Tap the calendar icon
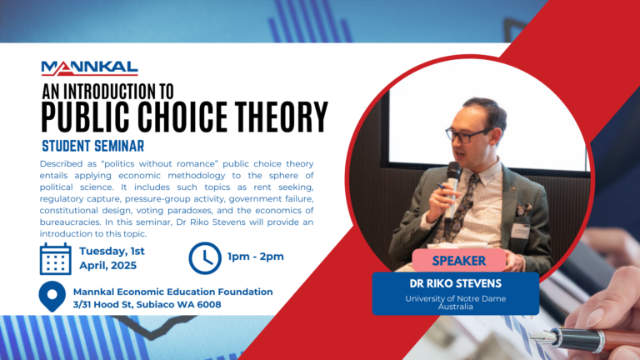click(56, 259)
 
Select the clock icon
click(205, 257)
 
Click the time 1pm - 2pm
click(256, 257)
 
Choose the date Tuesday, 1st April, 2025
click(113, 258)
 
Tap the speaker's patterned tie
click(468, 201)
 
